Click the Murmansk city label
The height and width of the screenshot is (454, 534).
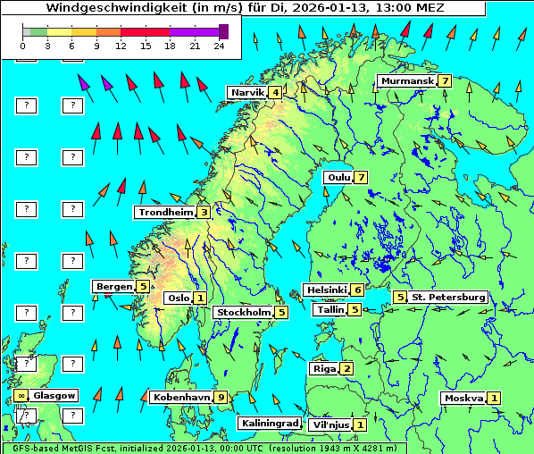pos(406,81)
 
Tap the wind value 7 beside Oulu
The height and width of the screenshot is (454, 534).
pos(361,177)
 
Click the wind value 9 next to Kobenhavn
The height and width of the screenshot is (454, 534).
pos(221,398)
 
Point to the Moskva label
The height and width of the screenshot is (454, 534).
pos(463,399)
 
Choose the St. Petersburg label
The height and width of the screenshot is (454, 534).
pos(448,297)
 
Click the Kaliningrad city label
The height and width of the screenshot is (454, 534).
pos(269,424)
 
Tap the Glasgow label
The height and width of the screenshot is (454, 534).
pos(55,395)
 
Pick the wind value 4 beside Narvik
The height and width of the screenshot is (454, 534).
pos(275,93)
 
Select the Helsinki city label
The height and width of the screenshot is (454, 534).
pos(325,290)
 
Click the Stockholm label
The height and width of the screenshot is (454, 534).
pos(243,313)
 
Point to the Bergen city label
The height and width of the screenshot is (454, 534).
pos(114,287)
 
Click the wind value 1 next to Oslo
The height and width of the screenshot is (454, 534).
pos(200,298)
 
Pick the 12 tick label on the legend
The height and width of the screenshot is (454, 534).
pos(121,46)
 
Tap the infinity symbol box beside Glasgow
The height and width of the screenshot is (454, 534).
pos(21,395)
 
